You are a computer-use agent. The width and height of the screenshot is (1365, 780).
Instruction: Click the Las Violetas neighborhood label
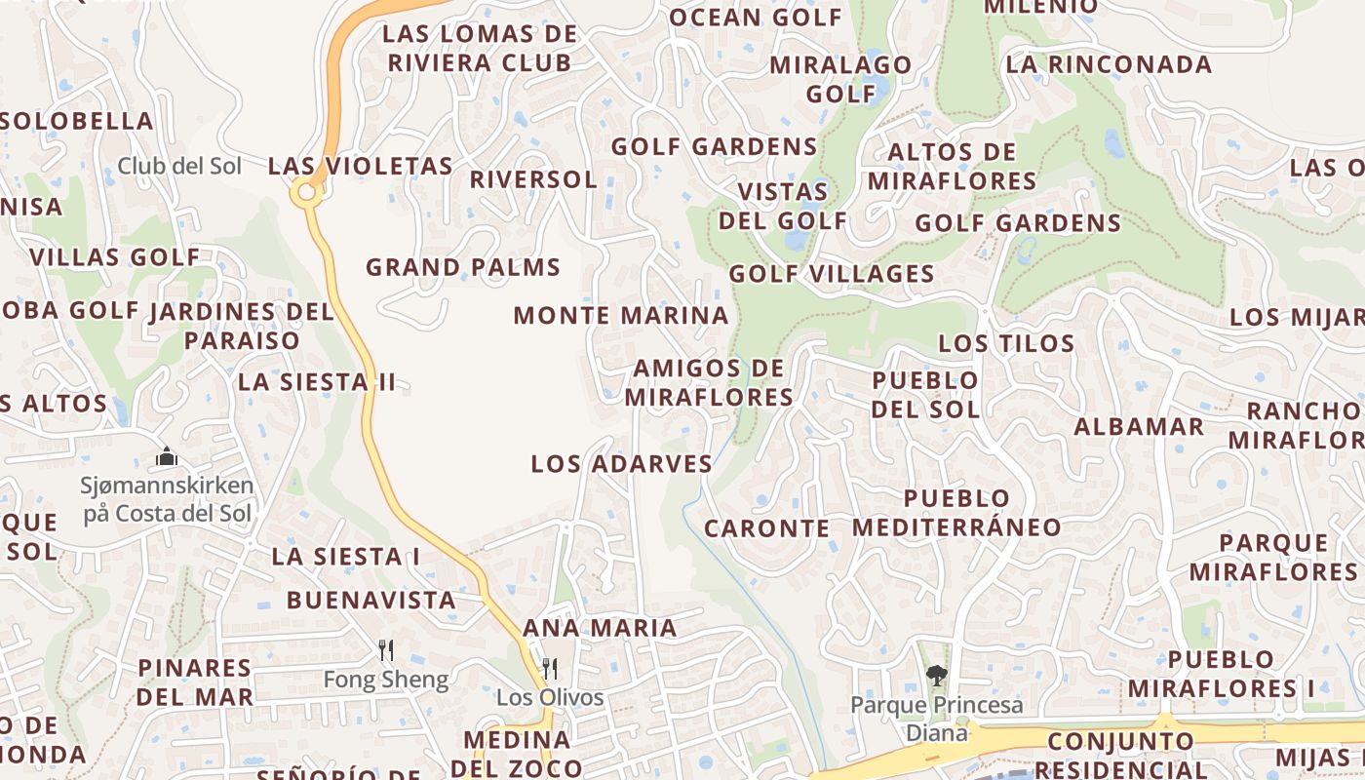361,167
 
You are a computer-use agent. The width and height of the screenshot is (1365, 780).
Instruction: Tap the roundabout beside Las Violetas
307,193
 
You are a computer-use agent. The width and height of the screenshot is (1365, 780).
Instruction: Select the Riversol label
532,180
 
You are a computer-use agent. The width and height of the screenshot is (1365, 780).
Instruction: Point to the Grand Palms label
463,267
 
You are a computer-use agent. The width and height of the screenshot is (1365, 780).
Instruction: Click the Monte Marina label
621,316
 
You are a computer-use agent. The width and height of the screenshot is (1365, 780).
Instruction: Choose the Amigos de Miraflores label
709,382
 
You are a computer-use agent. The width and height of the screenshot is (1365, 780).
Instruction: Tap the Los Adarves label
622,464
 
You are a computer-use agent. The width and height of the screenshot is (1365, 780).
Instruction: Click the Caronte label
766,529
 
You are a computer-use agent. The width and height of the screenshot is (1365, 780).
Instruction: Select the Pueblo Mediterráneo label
956,513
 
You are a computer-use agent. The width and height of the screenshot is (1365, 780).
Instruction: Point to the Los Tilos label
1006,343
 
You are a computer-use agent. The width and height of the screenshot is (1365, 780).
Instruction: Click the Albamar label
1139,427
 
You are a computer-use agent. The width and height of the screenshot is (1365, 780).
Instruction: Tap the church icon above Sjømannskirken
167,456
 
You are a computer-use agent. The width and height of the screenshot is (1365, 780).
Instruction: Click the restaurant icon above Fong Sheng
386,649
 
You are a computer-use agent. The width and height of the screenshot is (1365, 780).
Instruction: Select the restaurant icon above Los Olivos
550,668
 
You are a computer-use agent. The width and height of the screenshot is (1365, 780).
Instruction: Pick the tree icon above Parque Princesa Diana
936,675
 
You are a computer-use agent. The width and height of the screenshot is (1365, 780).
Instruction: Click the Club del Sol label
179,166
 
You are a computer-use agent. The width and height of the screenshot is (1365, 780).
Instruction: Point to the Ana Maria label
600,628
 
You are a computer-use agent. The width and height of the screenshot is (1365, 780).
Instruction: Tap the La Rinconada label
1109,65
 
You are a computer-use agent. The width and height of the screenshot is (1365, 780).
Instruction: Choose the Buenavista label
370,601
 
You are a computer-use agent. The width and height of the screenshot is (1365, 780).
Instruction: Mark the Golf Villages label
832,274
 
